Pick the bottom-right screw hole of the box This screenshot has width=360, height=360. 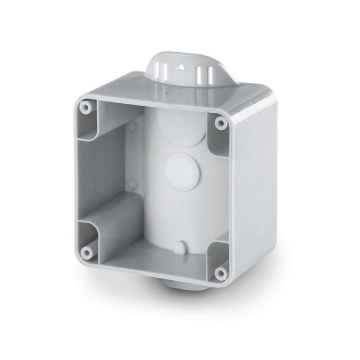[x=220, y=274]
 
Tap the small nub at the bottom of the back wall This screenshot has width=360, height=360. [x=180, y=246]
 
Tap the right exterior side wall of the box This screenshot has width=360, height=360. [x=256, y=192]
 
